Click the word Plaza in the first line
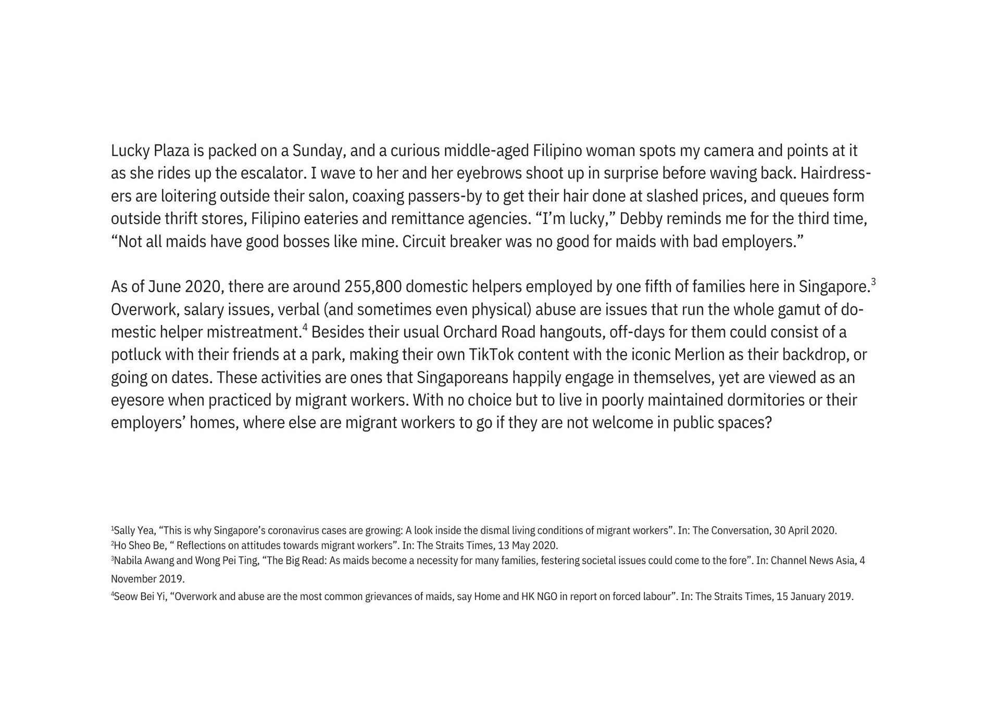tap(171, 151)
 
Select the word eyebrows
tap(489, 173)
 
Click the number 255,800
tap(372, 287)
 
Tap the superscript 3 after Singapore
tap(873, 282)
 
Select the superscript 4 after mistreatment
tap(305, 327)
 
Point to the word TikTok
tap(491, 355)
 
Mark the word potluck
tap(136, 355)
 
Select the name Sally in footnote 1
tap(124, 531)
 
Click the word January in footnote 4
tap(807, 597)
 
